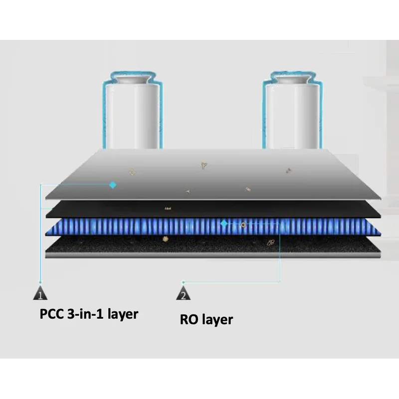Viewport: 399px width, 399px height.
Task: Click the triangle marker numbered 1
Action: point(40,293)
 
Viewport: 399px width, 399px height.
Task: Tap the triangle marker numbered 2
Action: point(183,293)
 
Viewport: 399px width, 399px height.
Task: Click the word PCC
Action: point(52,314)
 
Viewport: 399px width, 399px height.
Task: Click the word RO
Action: point(189,319)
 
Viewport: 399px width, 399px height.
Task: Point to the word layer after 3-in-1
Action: point(123,314)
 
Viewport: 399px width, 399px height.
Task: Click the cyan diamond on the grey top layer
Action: point(113,185)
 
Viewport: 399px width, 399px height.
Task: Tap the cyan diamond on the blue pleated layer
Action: point(224,223)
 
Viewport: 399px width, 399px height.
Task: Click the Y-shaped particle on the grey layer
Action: point(203,166)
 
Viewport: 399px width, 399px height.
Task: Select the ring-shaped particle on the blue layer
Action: point(243,225)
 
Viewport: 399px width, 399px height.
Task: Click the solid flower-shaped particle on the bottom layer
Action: point(166,239)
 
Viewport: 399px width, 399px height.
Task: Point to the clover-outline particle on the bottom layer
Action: point(271,242)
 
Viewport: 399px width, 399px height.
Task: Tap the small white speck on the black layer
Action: point(168,208)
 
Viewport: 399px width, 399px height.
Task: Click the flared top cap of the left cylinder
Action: point(132,79)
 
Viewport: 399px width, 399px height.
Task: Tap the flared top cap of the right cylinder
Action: point(292,79)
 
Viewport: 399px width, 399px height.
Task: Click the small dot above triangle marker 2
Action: point(183,282)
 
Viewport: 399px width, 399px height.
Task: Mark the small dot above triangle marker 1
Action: point(40,282)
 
